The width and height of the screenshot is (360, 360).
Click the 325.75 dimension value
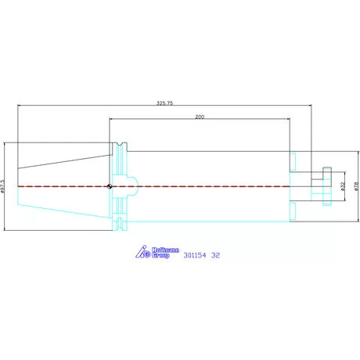tap(164, 103)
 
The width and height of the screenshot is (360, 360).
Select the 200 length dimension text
tap(200, 117)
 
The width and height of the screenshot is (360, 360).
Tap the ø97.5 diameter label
tap(3, 186)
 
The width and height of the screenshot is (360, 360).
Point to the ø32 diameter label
tap(343, 186)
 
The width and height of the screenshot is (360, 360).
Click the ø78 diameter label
tap(357, 186)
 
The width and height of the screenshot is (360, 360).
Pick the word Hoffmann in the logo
tap(165, 250)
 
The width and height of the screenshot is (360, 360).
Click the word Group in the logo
tap(160, 255)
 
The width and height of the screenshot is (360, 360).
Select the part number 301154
tap(195, 255)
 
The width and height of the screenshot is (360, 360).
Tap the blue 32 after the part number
tap(215, 255)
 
